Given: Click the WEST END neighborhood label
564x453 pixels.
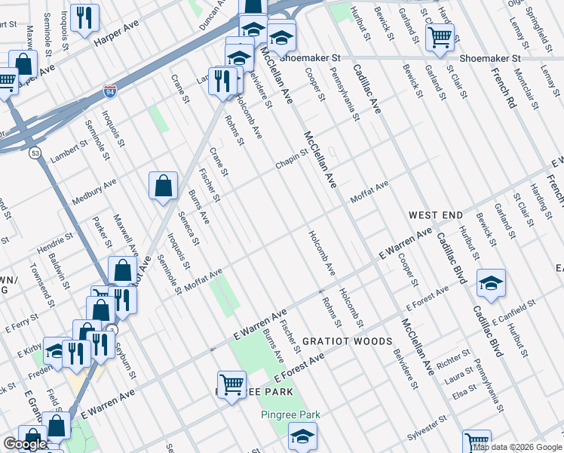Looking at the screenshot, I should tap(436, 216).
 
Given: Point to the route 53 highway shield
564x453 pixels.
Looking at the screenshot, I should tap(35, 153).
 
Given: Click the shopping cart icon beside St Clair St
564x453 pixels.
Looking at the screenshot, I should tap(440, 35).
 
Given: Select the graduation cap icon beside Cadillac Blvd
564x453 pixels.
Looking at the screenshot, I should tap(491, 282).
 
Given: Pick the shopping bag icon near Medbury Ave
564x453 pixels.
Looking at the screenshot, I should tap(163, 185).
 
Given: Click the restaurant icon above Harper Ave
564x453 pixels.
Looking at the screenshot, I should tap(84, 17).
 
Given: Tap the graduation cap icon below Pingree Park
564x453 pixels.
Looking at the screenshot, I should tap(302, 436).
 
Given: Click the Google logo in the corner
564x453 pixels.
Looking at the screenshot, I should tap(25, 445).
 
